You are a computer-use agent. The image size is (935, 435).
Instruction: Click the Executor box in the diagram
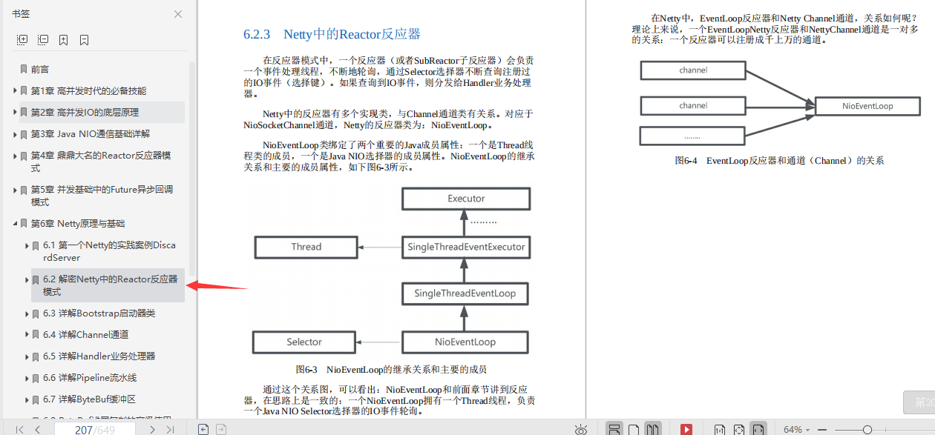(x=466, y=199)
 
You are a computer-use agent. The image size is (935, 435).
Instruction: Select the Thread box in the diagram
(x=306, y=247)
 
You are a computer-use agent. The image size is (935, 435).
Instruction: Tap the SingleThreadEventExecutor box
(x=466, y=247)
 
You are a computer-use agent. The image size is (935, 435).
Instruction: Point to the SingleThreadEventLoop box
(x=465, y=294)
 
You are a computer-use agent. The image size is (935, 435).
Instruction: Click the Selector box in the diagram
(x=304, y=342)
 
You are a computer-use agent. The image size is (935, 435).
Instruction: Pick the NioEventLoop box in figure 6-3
(x=465, y=342)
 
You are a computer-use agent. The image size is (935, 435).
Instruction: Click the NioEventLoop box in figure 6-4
(x=867, y=106)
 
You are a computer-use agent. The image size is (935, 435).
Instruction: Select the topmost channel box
(x=693, y=70)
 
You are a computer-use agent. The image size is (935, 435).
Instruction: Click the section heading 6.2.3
(x=332, y=35)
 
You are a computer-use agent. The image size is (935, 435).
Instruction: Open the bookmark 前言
(x=40, y=70)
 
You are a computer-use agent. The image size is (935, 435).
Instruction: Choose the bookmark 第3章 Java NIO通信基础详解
(x=90, y=134)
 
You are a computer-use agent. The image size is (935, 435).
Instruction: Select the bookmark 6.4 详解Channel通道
(x=85, y=335)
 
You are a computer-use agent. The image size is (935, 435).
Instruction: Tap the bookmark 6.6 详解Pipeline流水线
(x=90, y=378)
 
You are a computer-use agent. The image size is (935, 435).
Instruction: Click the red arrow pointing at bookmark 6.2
(x=215, y=285)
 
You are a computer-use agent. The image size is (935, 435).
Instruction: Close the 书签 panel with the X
(x=178, y=14)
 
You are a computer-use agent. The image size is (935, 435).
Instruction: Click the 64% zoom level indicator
(x=793, y=430)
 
